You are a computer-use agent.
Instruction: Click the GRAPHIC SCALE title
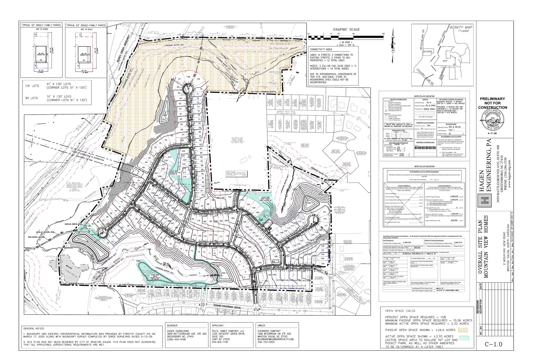346,29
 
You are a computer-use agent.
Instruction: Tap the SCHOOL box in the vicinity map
427,52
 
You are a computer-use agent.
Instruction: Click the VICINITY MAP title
461,27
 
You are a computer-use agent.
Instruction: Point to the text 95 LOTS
31,98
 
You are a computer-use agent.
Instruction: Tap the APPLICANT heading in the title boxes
220,325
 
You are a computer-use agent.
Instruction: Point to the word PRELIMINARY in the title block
492,99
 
